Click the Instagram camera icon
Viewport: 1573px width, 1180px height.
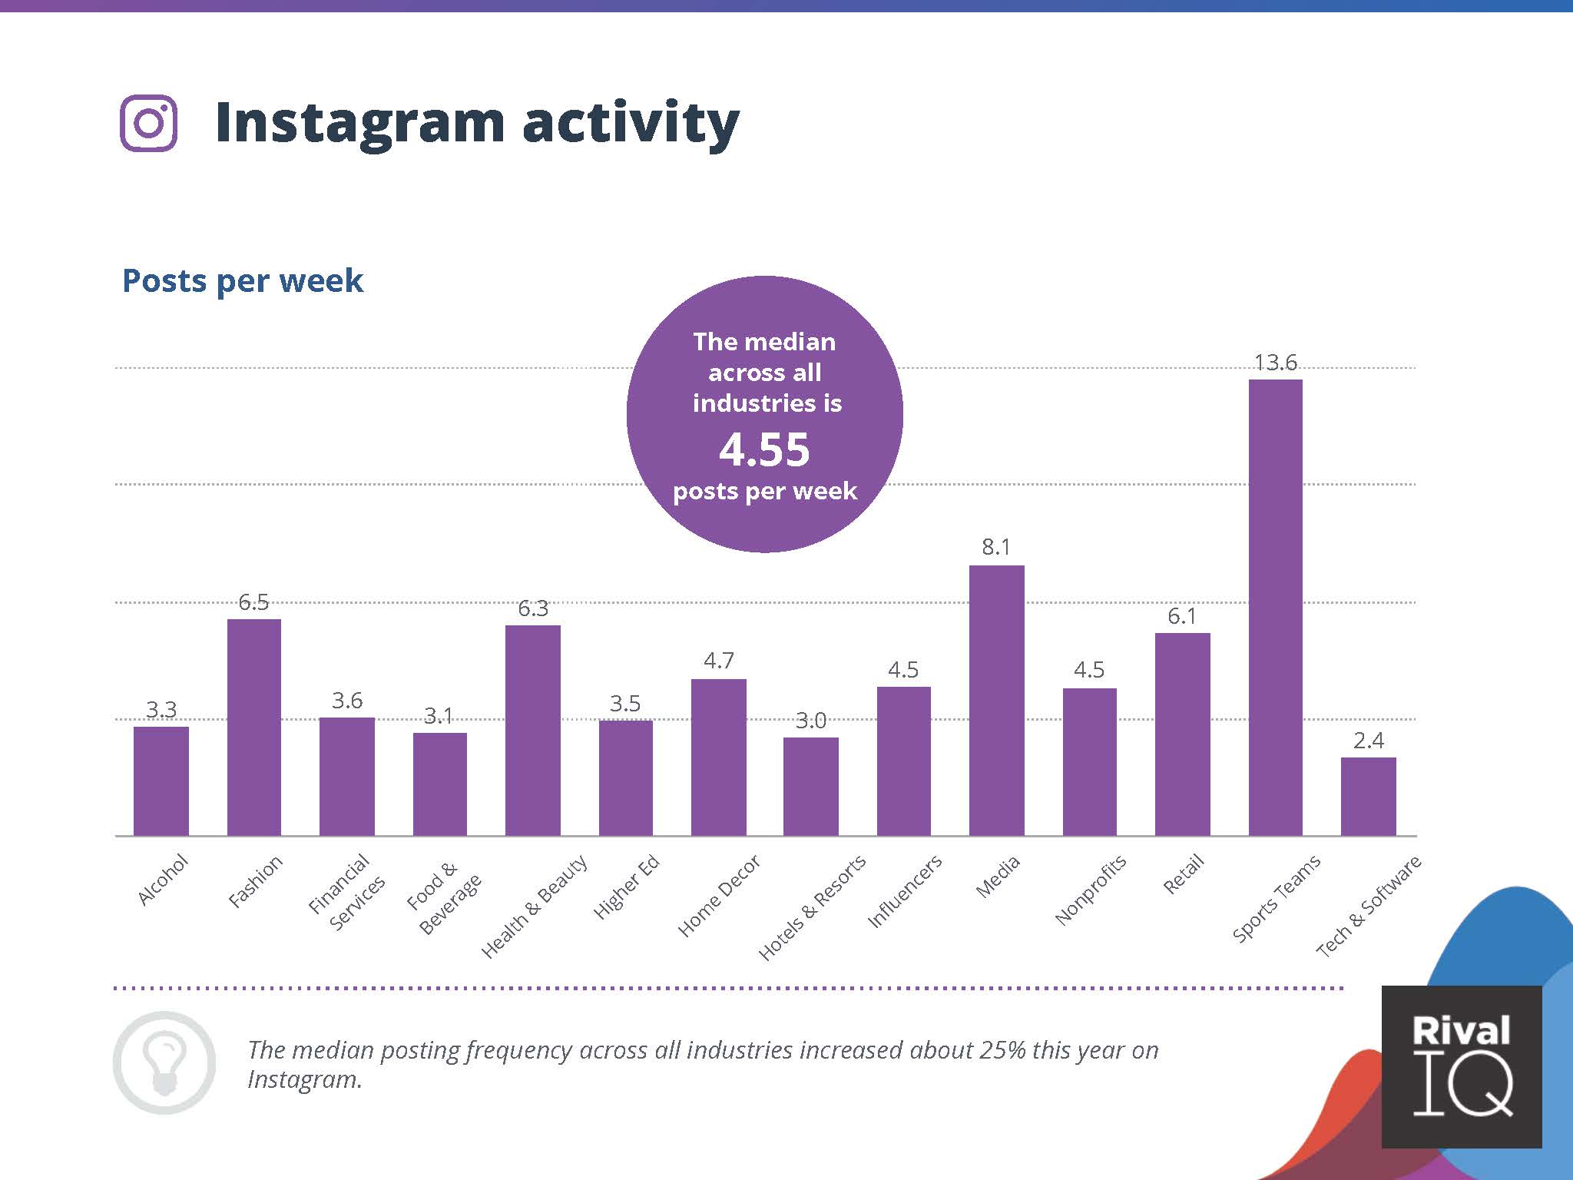click(x=149, y=123)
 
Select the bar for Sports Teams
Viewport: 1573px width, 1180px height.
click(x=1275, y=607)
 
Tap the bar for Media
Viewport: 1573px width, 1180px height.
click(x=996, y=700)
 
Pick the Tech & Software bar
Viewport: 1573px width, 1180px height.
click(x=1368, y=796)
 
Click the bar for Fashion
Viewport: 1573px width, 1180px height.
click(x=254, y=727)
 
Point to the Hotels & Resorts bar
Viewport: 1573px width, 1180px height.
click(x=810, y=786)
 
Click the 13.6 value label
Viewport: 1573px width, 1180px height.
click(x=1275, y=363)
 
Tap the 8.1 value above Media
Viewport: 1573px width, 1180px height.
click(x=996, y=547)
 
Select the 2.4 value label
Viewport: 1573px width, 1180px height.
click(x=1368, y=741)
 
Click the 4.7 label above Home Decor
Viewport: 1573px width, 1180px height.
click(x=719, y=661)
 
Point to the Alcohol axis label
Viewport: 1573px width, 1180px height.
click(x=163, y=879)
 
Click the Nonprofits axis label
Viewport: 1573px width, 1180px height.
click(x=1090, y=889)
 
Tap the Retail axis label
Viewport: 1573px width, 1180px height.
click(x=1183, y=874)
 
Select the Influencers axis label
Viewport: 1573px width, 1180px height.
click(x=904, y=891)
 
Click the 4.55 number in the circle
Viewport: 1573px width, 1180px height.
click(x=764, y=449)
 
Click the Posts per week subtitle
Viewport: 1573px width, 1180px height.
click(x=242, y=281)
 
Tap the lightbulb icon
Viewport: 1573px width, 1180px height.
click(x=164, y=1062)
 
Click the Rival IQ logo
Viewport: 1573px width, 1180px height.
click(x=1461, y=1066)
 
